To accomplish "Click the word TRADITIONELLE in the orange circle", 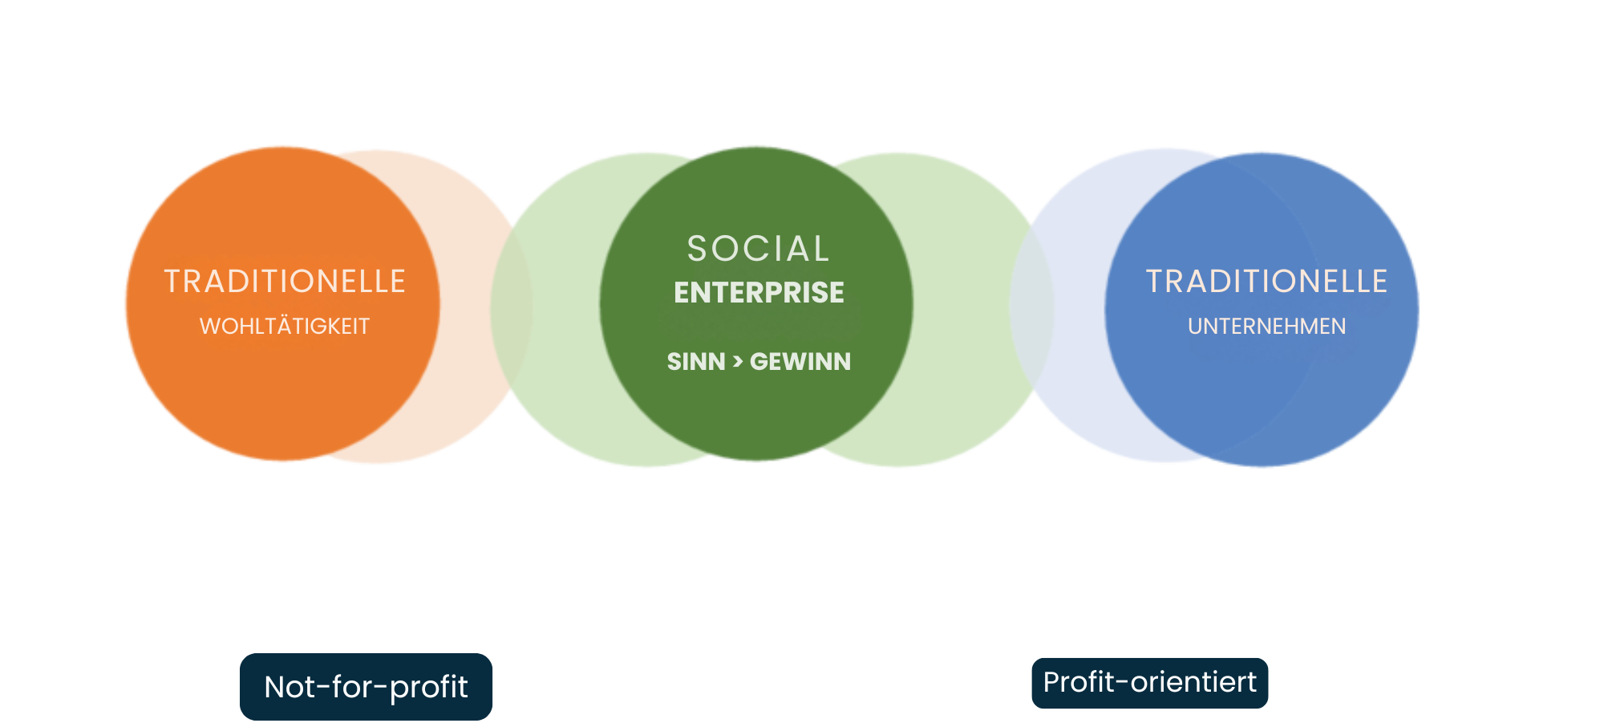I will (x=285, y=282).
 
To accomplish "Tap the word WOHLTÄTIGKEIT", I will (x=285, y=327).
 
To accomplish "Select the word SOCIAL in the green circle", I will (x=759, y=249).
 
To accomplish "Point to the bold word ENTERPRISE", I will (x=759, y=293).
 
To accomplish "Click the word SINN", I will (x=696, y=362).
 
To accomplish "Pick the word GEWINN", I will (x=800, y=362).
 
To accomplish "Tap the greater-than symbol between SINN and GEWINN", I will (x=738, y=363).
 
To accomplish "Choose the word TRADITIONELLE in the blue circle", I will (x=1266, y=282).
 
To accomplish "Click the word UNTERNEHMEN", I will (x=1266, y=327).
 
